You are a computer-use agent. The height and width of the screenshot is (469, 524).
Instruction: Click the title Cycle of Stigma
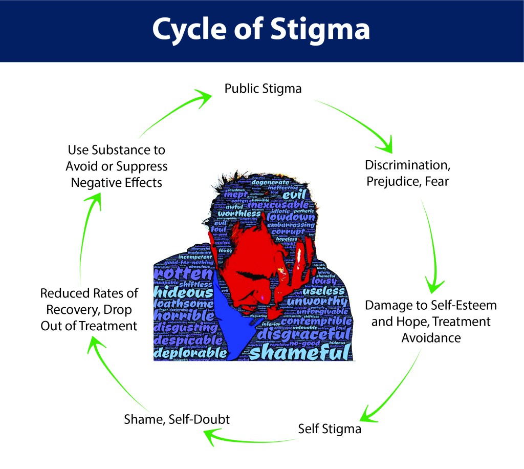coord(261,30)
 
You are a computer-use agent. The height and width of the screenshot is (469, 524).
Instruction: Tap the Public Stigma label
coord(263,89)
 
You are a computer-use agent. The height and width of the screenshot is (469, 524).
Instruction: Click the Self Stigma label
coord(330,428)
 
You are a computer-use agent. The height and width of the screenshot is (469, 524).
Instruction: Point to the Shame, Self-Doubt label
coord(177,419)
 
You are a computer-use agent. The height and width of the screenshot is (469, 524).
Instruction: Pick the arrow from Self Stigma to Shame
coord(246,438)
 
